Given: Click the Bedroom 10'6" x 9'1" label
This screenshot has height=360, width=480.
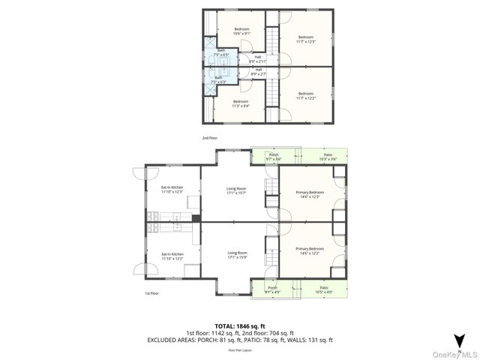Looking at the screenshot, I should click(241, 31).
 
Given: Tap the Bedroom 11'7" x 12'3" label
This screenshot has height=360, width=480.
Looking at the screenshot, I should click(305, 39).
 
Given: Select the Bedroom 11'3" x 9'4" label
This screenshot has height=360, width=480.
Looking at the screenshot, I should click(241, 103).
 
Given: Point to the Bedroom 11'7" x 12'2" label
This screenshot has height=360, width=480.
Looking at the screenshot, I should click(305, 95).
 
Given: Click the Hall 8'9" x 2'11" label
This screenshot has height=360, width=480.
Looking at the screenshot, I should click(257, 58).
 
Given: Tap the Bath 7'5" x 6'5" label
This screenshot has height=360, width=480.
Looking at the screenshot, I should click(220, 52).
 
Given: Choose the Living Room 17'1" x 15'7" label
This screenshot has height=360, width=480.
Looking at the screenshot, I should click(237, 191).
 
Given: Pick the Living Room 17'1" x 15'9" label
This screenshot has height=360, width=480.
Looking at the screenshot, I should click(237, 255).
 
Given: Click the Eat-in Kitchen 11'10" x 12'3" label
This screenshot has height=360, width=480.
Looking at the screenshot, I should click(172, 190).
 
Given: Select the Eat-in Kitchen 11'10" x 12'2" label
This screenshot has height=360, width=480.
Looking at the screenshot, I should click(172, 256).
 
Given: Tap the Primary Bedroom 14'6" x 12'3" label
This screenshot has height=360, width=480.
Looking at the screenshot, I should click(310, 194).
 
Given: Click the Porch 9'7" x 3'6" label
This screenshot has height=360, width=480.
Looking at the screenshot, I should click(274, 157).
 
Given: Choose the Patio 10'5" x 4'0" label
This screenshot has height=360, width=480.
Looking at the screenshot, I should click(324, 289).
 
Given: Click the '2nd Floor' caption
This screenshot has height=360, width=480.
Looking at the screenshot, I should click(210, 138).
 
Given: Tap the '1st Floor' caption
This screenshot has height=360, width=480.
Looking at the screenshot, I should click(151, 293).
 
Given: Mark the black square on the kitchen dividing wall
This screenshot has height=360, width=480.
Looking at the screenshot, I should click(196, 218).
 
